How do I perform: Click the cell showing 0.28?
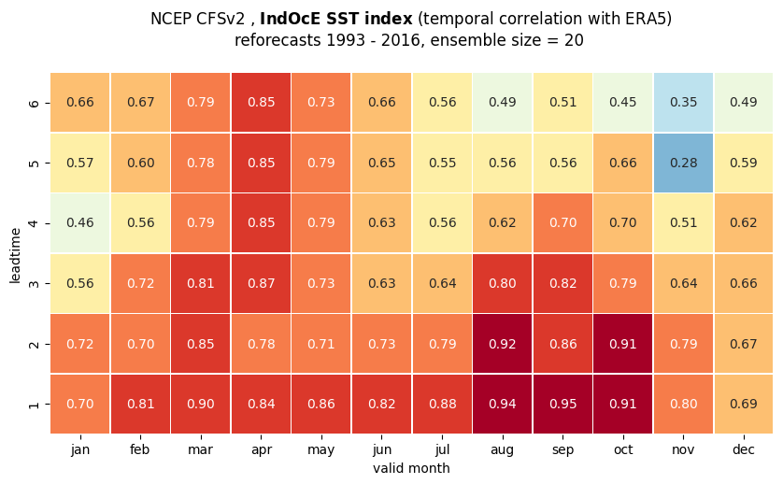(683, 163)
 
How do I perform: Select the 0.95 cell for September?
(562, 404)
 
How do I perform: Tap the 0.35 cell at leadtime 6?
(683, 103)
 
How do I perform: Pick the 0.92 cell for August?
(503, 344)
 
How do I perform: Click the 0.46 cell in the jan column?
(80, 222)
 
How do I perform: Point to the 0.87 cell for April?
(262, 283)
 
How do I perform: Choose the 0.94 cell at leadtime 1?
(503, 404)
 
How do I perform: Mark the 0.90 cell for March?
(201, 404)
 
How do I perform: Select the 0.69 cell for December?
(744, 404)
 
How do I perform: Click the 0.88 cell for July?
(442, 404)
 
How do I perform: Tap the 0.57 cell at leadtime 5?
(80, 163)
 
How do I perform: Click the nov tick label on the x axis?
(683, 449)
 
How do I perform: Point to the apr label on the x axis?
(262, 450)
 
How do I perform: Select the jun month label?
(381, 450)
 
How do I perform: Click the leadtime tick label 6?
(34, 103)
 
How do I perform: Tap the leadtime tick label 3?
(34, 284)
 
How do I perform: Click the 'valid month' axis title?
(411, 468)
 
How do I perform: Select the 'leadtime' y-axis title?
(15, 255)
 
